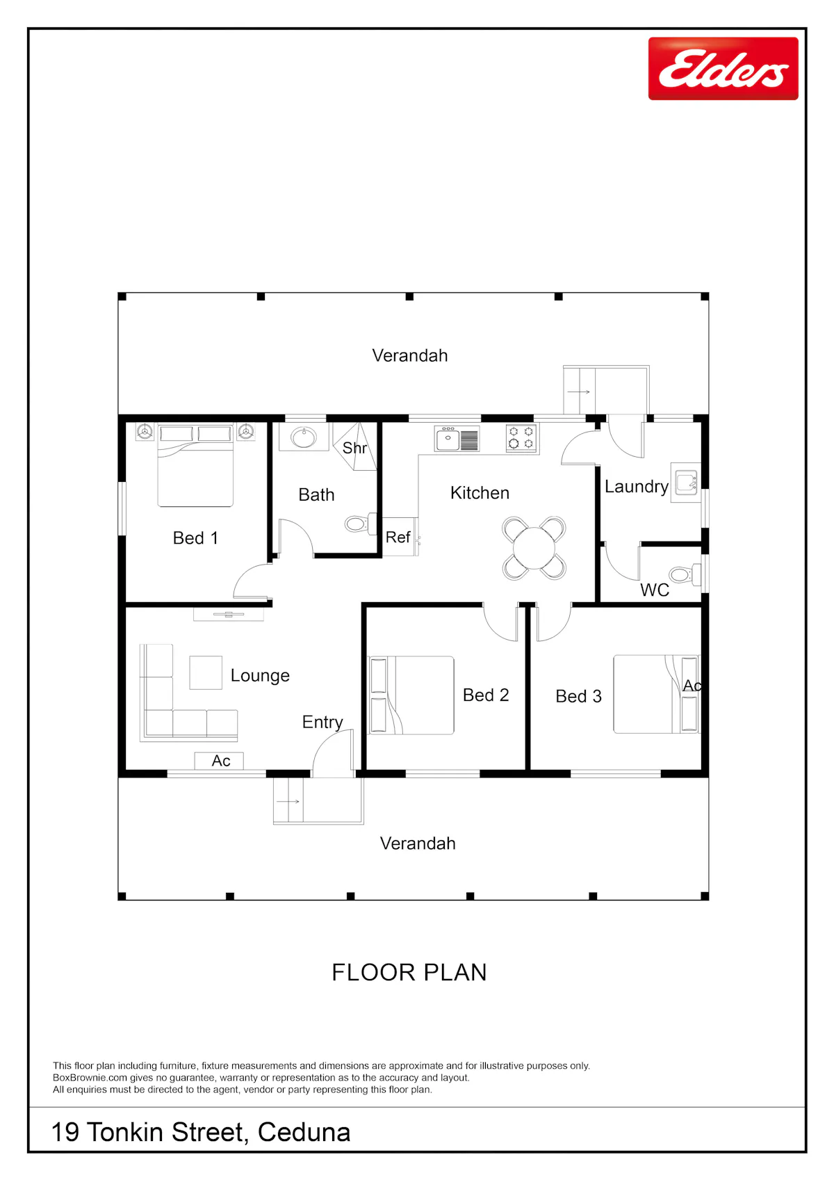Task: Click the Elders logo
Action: pos(723,68)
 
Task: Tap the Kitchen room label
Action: pos(480,493)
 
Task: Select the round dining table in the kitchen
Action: pos(534,548)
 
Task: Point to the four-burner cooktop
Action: pos(521,438)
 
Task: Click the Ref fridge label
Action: pos(398,538)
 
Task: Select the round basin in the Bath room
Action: pos(304,437)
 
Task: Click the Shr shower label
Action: pos(354,448)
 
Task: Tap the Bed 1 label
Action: pos(195,538)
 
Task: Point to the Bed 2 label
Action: pos(485,695)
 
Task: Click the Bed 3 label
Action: pos(578,697)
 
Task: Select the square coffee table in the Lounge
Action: pos(205,672)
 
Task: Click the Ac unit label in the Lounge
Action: pos(220,761)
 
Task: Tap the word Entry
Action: pos(322,722)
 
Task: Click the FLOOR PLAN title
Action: pos(409,973)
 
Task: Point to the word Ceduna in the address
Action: pos(304,1132)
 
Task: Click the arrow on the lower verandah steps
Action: pos(288,801)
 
